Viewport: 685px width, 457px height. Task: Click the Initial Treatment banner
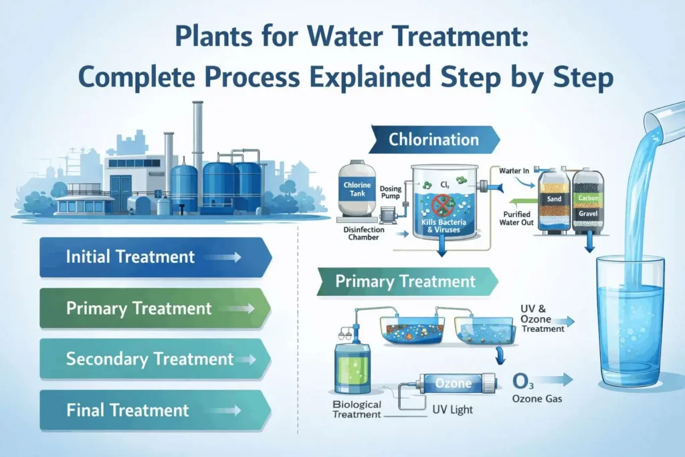(x=154, y=257)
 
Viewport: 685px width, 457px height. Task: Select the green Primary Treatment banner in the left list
(x=154, y=308)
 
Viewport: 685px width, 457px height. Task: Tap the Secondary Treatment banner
(x=154, y=359)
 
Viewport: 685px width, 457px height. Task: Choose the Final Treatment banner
(x=154, y=410)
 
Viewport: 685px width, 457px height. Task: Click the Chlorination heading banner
(x=433, y=140)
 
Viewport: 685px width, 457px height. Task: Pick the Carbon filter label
(x=589, y=198)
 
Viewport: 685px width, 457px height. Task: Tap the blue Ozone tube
(x=454, y=384)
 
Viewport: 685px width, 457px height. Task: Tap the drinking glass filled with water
(x=631, y=321)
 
